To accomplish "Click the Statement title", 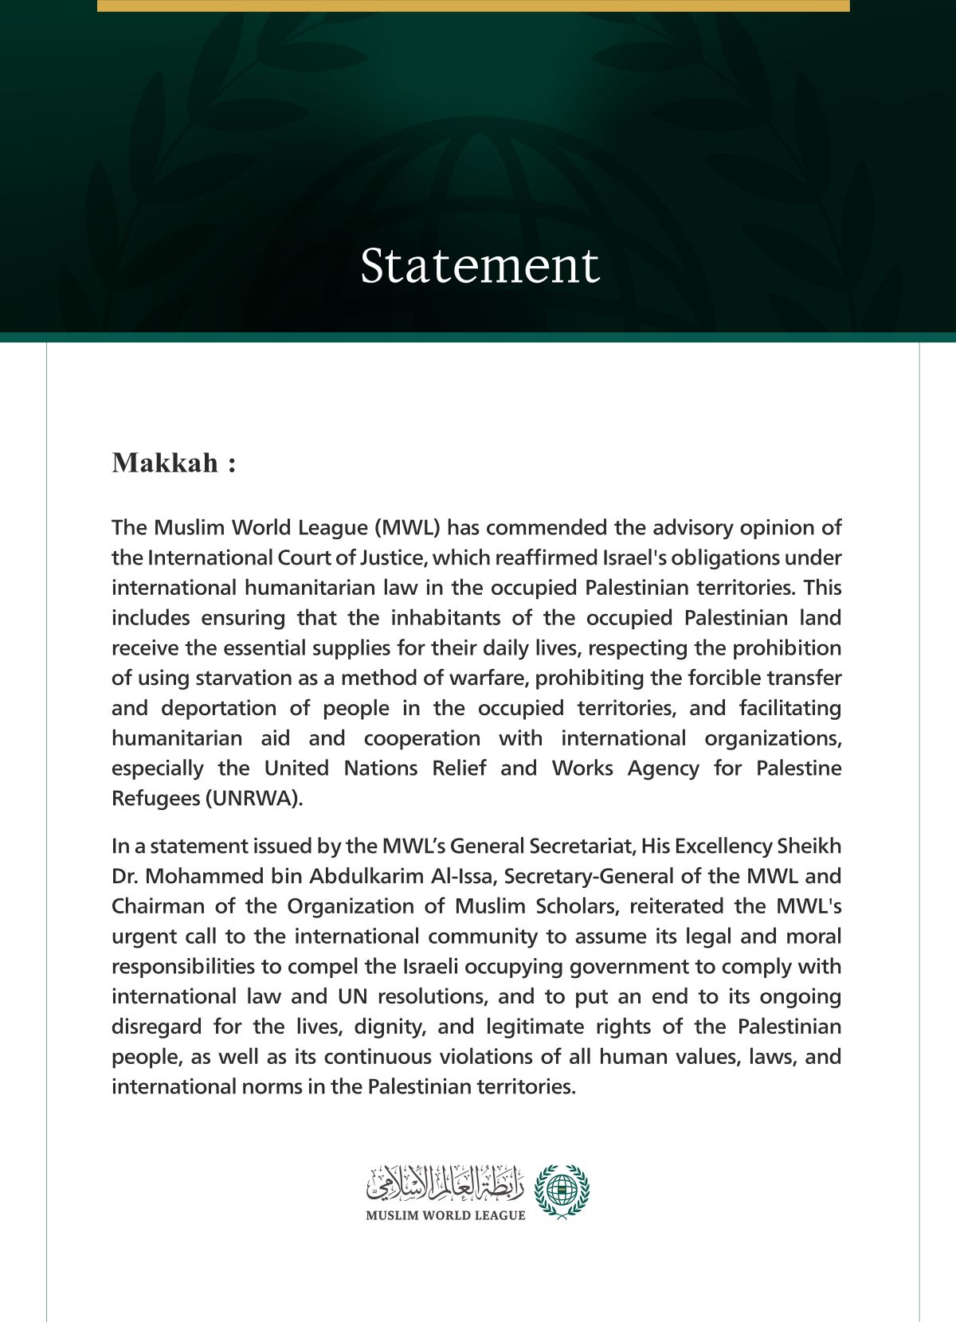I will [x=480, y=266].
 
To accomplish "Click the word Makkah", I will [x=165, y=463].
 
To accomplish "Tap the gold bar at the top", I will [x=473, y=6].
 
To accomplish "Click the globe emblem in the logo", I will [x=562, y=1191].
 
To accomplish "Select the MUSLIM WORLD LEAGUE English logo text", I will [x=445, y=1215].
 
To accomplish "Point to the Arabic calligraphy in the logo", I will [x=445, y=1184].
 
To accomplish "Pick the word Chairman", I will [x=157, y=906].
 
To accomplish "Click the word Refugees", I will [x=155, y=799].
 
